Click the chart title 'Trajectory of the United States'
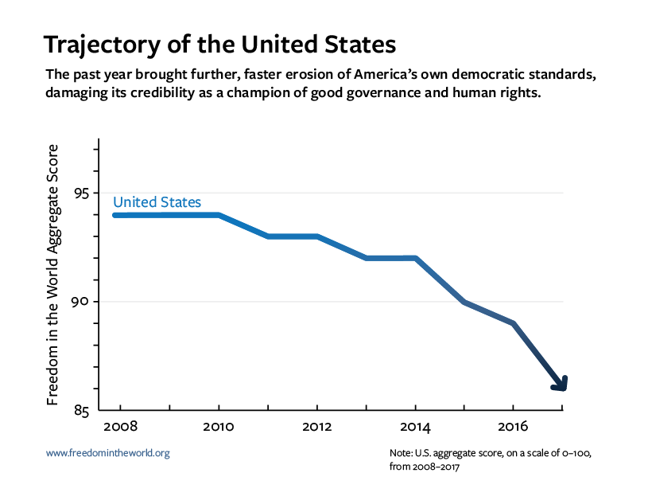[219, 43]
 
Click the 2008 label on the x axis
[117, 426]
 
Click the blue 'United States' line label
[157, 202]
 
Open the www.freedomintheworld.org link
[108, 453]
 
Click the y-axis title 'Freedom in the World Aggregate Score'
[54, 275]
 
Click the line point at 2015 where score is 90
[464, 302]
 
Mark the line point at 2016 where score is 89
[513, 323]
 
